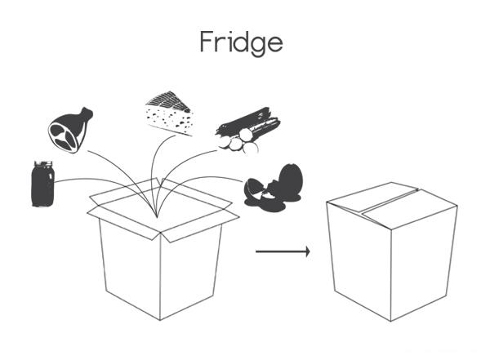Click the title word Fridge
242,42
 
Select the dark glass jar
42,185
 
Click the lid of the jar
43,166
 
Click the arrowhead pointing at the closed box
307,251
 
